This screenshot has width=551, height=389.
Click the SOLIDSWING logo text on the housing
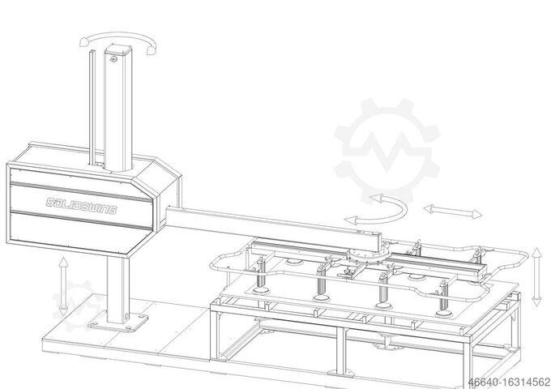pyautogui.click(x=81, y=204)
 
